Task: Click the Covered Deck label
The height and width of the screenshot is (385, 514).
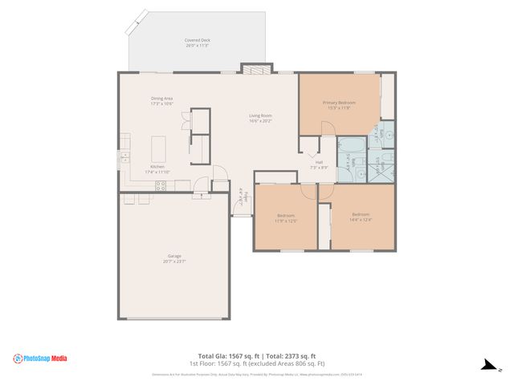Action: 197,39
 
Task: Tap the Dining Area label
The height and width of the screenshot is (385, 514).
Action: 161,99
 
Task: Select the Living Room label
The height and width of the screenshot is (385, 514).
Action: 260,115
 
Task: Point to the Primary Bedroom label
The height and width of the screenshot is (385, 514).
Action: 339,103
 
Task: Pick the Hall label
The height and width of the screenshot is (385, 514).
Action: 319,163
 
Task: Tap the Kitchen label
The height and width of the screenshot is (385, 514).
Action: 157,166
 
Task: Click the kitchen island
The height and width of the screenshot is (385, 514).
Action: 159,149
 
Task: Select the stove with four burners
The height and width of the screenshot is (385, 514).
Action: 161,185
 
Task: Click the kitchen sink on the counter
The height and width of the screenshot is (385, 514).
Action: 125,157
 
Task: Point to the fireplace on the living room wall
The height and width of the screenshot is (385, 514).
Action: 255,71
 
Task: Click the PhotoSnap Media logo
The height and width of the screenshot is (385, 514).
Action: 41,359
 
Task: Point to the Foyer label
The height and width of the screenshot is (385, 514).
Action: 239,195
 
